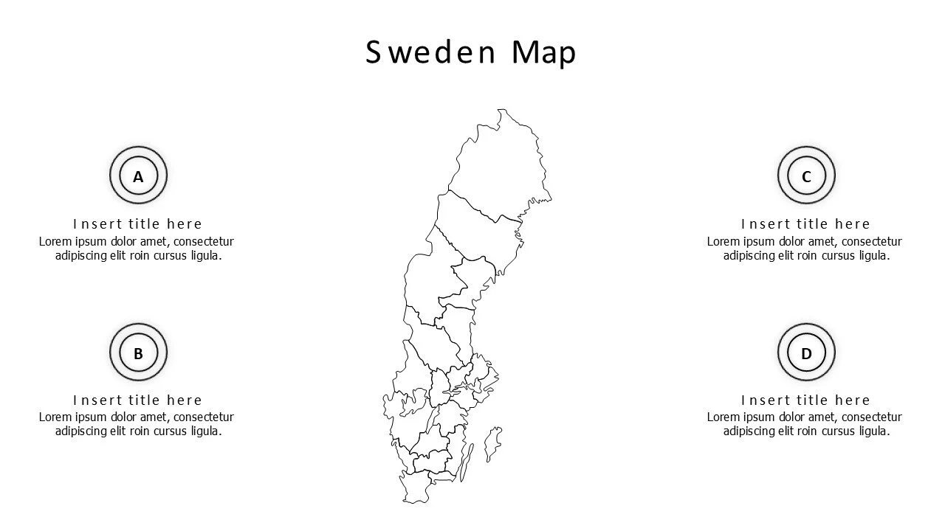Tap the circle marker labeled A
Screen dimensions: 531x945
[138, 176]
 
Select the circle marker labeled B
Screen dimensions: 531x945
[138, 353]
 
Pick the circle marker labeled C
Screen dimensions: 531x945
[806, 176]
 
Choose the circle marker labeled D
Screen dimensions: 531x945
[806, 353]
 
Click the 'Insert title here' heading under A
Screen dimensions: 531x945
[137, 223]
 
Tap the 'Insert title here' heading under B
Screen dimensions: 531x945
[137, 400]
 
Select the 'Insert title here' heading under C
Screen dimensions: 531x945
[805, 223]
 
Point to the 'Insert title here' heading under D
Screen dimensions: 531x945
[805, 400]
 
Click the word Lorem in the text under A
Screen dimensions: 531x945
[55, 241]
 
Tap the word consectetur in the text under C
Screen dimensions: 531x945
[871, 241]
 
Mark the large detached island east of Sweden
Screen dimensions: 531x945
[492, 444]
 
